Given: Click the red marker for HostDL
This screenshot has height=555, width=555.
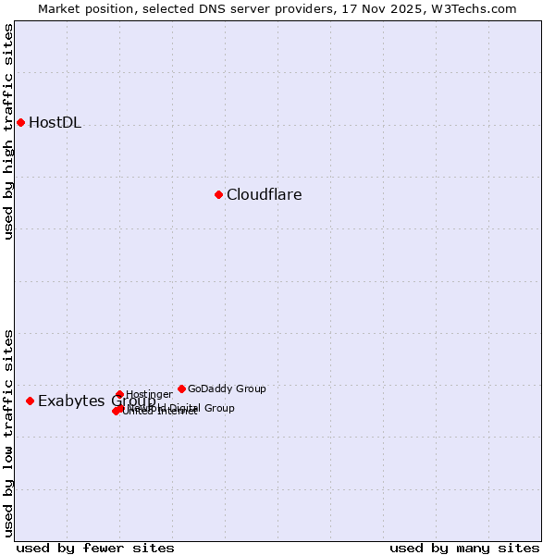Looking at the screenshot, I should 20,122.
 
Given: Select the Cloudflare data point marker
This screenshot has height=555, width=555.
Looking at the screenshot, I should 218,194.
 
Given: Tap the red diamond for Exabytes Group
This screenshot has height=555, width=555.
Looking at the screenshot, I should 30,401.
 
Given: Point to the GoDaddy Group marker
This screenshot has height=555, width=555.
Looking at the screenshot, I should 181,388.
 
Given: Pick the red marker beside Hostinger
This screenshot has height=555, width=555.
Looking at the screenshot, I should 119,394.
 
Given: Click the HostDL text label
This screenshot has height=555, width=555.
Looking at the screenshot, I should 55,123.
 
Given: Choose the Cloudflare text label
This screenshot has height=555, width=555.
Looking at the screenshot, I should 264,194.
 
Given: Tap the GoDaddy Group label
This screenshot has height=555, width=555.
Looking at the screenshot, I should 227,388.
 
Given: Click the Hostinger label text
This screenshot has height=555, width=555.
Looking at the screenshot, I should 149,394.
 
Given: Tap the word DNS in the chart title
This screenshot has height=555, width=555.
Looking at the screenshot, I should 212,8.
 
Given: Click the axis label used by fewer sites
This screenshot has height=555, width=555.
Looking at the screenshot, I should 95,548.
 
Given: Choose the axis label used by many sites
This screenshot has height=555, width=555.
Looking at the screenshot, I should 464,548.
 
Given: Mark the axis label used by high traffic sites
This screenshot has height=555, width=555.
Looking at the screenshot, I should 8,131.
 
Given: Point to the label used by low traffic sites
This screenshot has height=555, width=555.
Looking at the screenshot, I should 8,432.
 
